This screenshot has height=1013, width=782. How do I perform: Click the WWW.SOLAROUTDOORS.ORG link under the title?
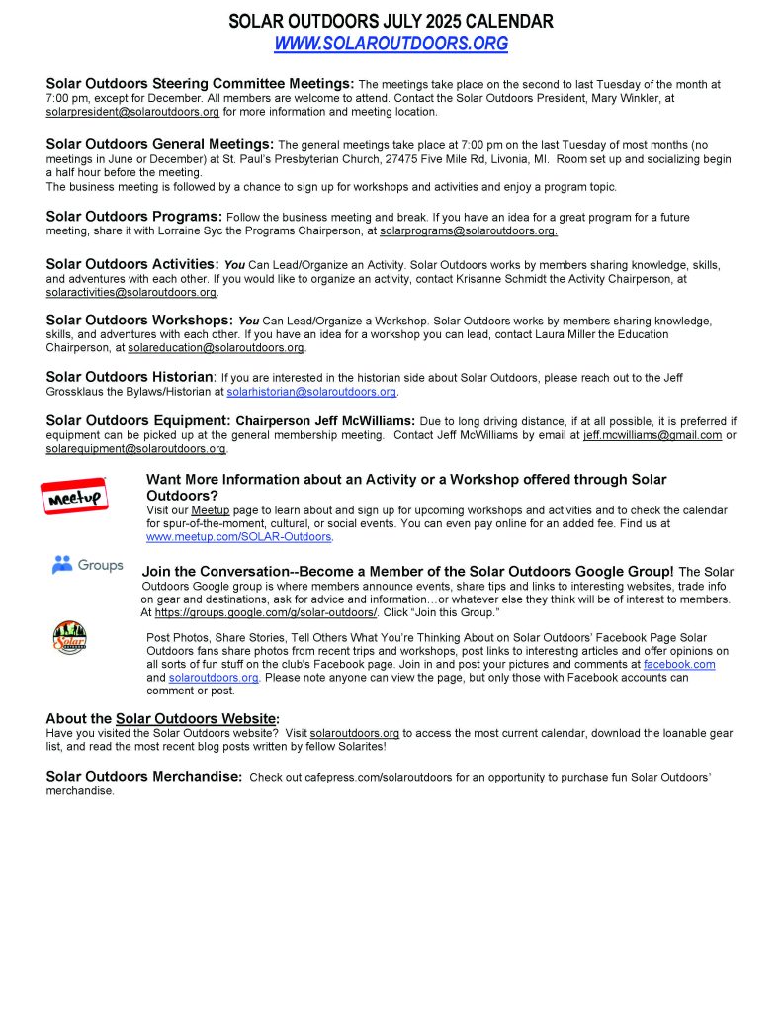click(391, 44)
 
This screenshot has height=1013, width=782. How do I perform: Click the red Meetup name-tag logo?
click(74, 497)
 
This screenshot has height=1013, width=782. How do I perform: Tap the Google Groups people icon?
click(62, 565)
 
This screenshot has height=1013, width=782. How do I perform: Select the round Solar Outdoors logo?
click(69, 638)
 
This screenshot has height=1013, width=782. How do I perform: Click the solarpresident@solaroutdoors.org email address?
click(132, 112)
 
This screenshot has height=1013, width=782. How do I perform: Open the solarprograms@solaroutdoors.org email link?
click(468, 230)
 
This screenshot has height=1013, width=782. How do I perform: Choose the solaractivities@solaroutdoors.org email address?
click(131, 293)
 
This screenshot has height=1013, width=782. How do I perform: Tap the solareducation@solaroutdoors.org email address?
click(217, 348)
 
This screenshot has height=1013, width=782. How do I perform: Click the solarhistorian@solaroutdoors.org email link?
click(311, 392)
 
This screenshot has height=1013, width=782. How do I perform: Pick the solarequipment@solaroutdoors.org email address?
click(135, 449)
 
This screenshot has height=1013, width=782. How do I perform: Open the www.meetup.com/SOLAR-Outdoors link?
click(239, 537)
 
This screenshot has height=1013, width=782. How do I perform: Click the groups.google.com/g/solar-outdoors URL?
click(266, 612)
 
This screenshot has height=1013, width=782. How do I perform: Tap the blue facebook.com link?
click(679, 665)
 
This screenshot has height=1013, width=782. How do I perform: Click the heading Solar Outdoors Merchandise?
click(143, 777)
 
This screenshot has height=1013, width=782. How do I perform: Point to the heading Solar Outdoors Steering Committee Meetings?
click(200, 84)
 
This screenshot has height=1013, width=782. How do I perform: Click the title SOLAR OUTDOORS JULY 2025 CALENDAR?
click(391, 21)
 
